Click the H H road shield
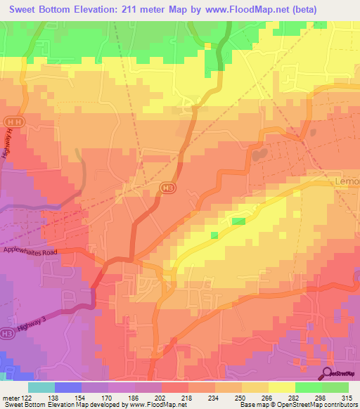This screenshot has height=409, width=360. pyautogui.click(x=10, y=120)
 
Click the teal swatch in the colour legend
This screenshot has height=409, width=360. pyautogui.click(x=41, y=387)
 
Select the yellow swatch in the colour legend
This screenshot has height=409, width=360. pyautogui.click(x=281, y=387)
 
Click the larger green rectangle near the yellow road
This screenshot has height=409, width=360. pyautogui.click(x=239, y=221)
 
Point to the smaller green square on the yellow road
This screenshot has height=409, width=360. pyautogui.click(x=214, y=235)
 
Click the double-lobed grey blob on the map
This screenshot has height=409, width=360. pyautogui.click(x=259, y=152)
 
